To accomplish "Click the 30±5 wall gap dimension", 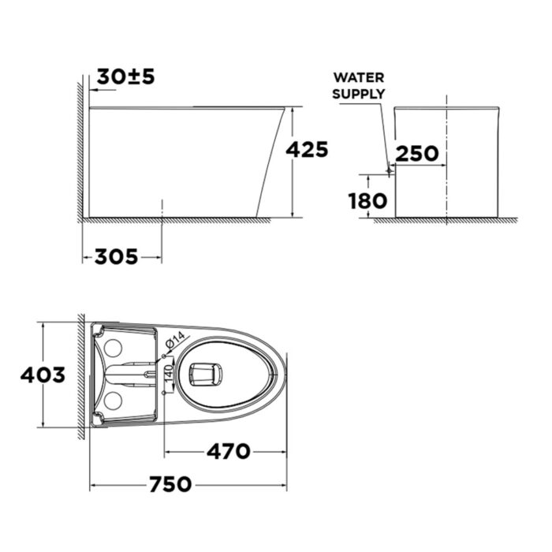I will [125, 76].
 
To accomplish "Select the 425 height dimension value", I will [307, 149].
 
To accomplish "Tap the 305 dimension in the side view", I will [116, 256].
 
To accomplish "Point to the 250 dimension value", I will [417, 153].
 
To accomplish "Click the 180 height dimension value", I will [368, 200].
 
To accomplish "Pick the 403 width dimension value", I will [43, 375].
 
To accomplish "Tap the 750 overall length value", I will [169, 483].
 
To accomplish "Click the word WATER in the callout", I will [359, 77].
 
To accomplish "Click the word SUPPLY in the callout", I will [359, 93].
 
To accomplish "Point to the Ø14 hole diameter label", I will [175, 341].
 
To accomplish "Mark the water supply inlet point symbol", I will [390, 168].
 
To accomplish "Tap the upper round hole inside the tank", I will [113, 347].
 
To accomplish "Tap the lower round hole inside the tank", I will [113, 400].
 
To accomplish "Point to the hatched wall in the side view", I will [80, 150].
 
